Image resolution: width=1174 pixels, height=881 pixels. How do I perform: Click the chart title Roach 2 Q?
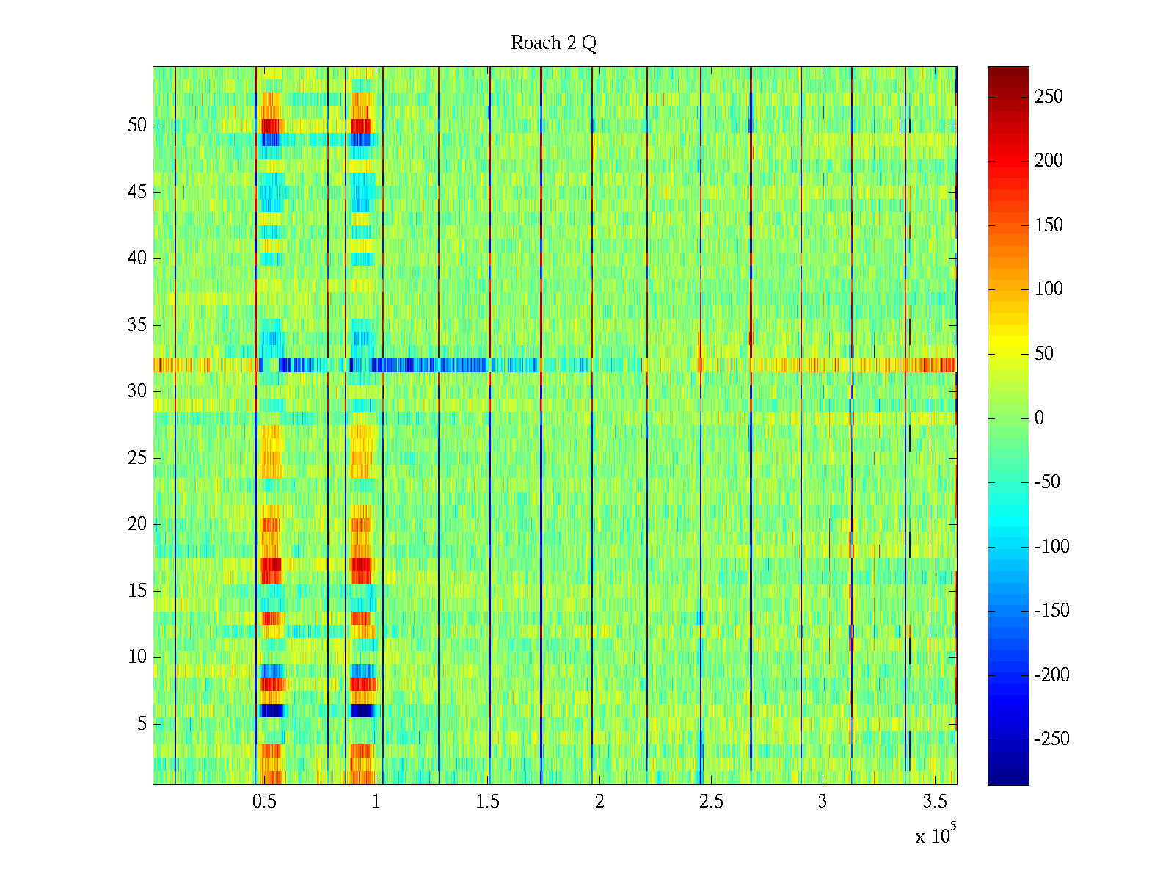[553, 43]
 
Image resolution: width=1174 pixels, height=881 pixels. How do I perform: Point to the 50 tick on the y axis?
[137, 126]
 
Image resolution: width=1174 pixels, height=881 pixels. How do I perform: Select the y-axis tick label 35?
[137, 325]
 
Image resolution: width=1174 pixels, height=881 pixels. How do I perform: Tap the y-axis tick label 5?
[142, 724]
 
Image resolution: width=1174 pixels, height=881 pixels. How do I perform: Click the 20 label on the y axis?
[137, 524]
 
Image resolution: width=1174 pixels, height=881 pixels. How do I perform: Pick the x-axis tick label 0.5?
[264, 802]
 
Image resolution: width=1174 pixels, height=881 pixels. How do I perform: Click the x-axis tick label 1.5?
[488, 802]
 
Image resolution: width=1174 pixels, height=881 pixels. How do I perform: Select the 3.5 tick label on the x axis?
[934, 802]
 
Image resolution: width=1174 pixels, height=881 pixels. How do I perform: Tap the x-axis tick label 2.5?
[711, 802]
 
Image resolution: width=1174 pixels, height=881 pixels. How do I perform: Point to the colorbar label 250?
[1049, 97]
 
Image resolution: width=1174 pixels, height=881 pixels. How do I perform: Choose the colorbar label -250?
[1051, 739]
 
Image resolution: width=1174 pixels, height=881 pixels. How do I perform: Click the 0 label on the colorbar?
[1039, 418]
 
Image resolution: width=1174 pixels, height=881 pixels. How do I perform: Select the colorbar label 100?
[1049, 289]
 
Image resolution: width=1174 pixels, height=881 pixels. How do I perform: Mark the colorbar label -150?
[1051, 611]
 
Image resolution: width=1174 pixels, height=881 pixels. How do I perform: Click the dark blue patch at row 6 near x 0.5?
[271, 711]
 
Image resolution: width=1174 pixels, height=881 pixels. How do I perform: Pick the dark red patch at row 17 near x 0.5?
[271, 565]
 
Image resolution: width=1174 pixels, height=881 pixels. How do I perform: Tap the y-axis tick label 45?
[137, 192]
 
